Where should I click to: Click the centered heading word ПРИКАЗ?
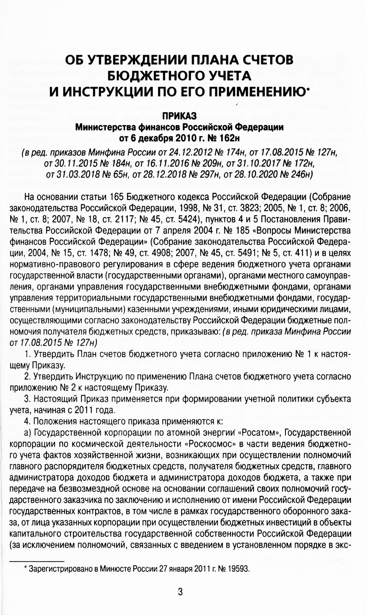[179, 116]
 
